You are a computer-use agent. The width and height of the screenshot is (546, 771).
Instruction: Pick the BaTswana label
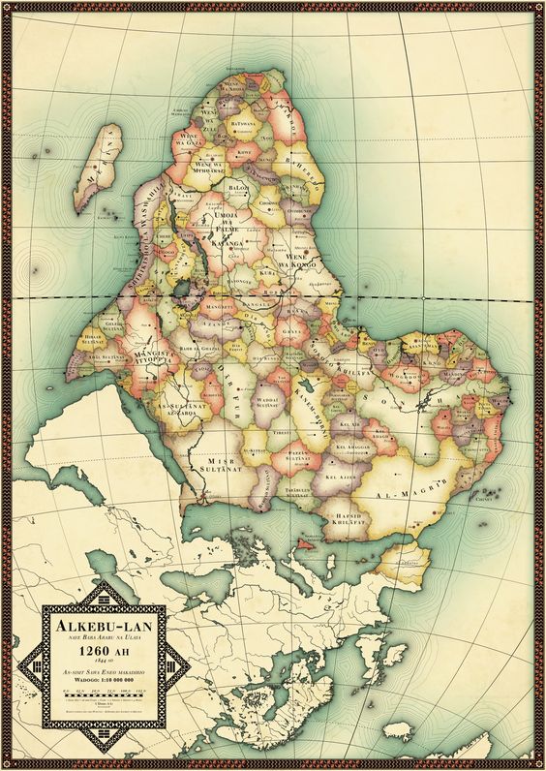240,124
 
